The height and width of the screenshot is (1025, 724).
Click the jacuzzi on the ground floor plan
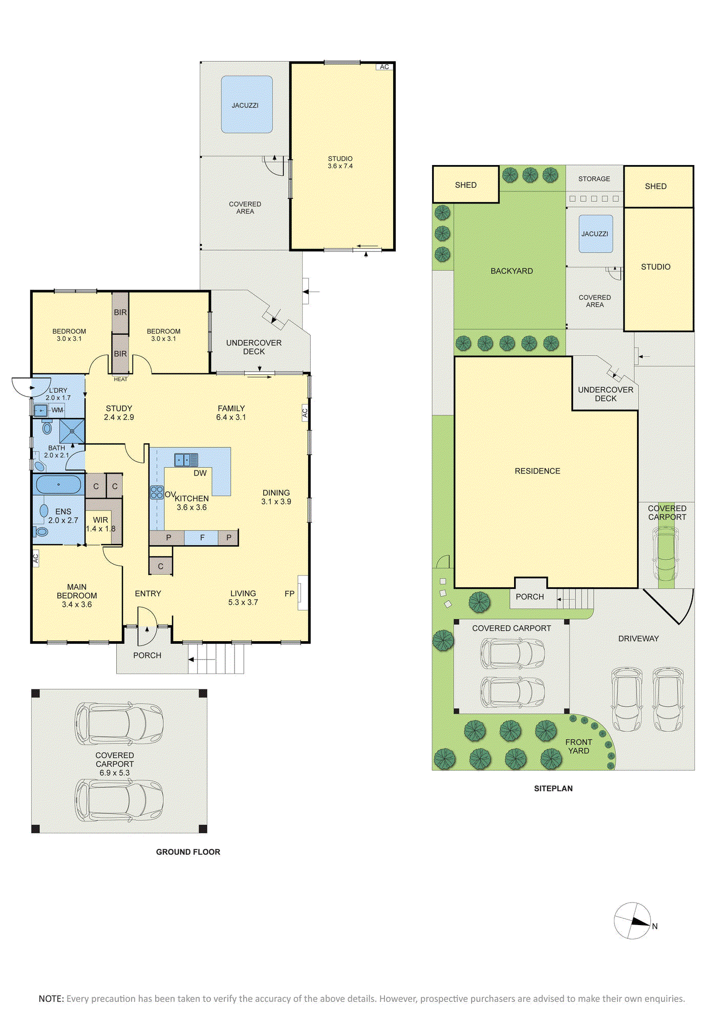tap(247, 105)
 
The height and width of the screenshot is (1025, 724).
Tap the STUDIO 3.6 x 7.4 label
tap(340, 162)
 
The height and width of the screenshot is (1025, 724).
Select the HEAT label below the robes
tap(121, 379)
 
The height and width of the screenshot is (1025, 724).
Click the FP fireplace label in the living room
tap(289, 593)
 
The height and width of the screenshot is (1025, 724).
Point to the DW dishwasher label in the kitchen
tap(200, 473)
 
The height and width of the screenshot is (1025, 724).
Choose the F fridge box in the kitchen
tap(202, 538)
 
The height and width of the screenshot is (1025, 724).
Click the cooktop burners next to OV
tap(157, 493)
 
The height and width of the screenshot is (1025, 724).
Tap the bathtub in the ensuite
tap(58, 484)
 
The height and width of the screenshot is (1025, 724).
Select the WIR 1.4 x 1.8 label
tap(101, 524)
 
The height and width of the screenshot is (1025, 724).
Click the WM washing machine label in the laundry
tap(57, 410)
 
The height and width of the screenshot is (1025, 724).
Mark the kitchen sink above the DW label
tap(186, 460)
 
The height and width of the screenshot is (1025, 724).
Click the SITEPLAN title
tap(553, 789)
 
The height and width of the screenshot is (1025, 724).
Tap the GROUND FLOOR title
tap(188, 852)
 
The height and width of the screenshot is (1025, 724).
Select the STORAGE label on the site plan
tap(594, 179)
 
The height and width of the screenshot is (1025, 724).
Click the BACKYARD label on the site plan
tap(512, 271)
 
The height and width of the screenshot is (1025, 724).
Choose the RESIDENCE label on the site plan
tap(538, 471)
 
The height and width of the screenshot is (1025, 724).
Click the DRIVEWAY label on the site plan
tap(638, 639)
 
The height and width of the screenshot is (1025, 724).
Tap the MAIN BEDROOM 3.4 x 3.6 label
tap(77, 596)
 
